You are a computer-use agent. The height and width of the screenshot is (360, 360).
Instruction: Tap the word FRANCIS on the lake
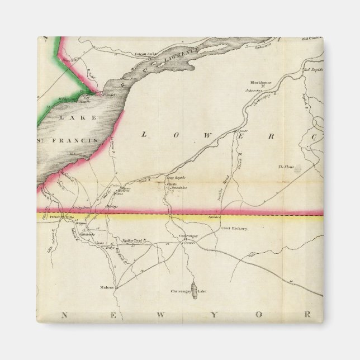78,140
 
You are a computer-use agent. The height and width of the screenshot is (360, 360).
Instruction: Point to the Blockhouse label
260,82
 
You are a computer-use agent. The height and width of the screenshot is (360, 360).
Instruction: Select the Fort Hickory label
235,229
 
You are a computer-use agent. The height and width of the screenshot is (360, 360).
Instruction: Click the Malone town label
107,287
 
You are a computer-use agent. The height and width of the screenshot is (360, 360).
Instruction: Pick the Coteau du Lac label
148,54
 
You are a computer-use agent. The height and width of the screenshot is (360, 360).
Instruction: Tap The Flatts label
286,167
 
